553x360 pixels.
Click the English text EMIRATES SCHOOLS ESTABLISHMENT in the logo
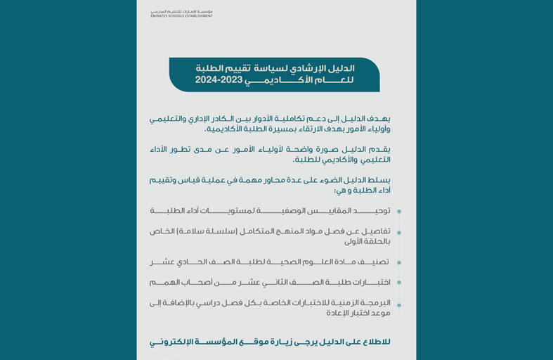[x=181, y=15]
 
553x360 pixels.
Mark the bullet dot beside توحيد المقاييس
[x=399, y=211]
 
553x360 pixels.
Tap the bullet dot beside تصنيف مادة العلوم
[x=399, y=262]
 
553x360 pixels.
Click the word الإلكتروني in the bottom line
[x=169, y=342]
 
